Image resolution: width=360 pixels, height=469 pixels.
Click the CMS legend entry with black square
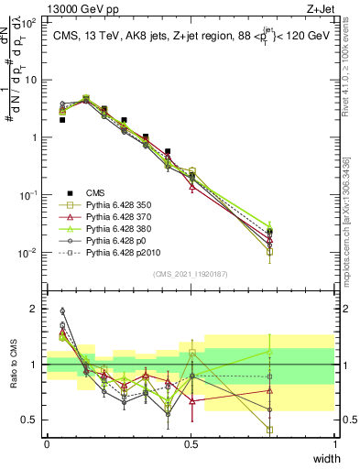(x=97, y=192)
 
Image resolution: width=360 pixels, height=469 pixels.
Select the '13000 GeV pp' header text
(x=46, y=8)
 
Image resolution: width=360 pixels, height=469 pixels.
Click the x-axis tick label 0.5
(x=191, y=443)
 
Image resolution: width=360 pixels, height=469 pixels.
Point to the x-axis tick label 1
(x=335, y=443)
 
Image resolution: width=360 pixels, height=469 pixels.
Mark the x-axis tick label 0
(x=47, y=443)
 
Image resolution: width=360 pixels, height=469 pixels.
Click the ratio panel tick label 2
(x=35, y=309)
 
